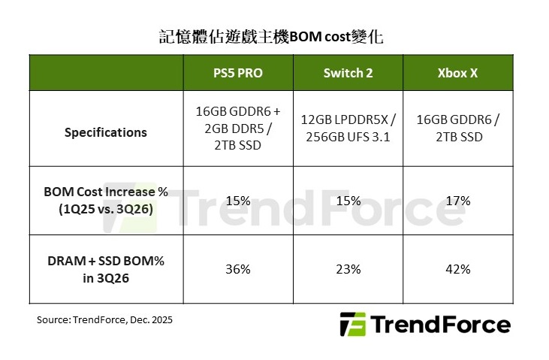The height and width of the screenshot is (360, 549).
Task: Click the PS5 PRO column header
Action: [237, 73]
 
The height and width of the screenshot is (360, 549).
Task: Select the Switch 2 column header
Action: [348, 73]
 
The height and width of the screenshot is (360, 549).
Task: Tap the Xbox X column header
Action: [457, 73]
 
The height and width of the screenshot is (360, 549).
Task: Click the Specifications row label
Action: [106, 132]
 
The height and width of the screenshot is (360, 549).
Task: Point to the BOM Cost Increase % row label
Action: [106, 201]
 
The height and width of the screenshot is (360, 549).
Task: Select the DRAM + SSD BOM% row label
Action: [106, 268]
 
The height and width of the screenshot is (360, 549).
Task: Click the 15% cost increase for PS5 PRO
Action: [238, 201]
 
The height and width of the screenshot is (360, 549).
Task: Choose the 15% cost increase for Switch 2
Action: [348, 201]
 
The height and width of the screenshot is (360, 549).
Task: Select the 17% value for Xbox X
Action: [457, 201]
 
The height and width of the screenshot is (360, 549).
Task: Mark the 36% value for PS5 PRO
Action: [238, 268]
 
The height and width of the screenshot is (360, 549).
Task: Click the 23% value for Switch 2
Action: [348, 268]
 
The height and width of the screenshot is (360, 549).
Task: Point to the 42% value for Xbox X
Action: [457, 268]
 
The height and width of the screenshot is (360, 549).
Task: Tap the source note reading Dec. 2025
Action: [105, 319]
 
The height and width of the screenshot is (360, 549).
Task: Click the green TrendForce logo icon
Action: [352, 325]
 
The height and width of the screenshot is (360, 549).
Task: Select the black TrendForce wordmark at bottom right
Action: [441, 325]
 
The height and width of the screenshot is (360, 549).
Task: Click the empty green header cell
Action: [106, 73]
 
